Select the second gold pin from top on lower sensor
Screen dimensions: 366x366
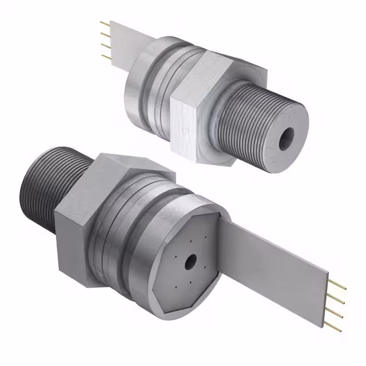[338, 299]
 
